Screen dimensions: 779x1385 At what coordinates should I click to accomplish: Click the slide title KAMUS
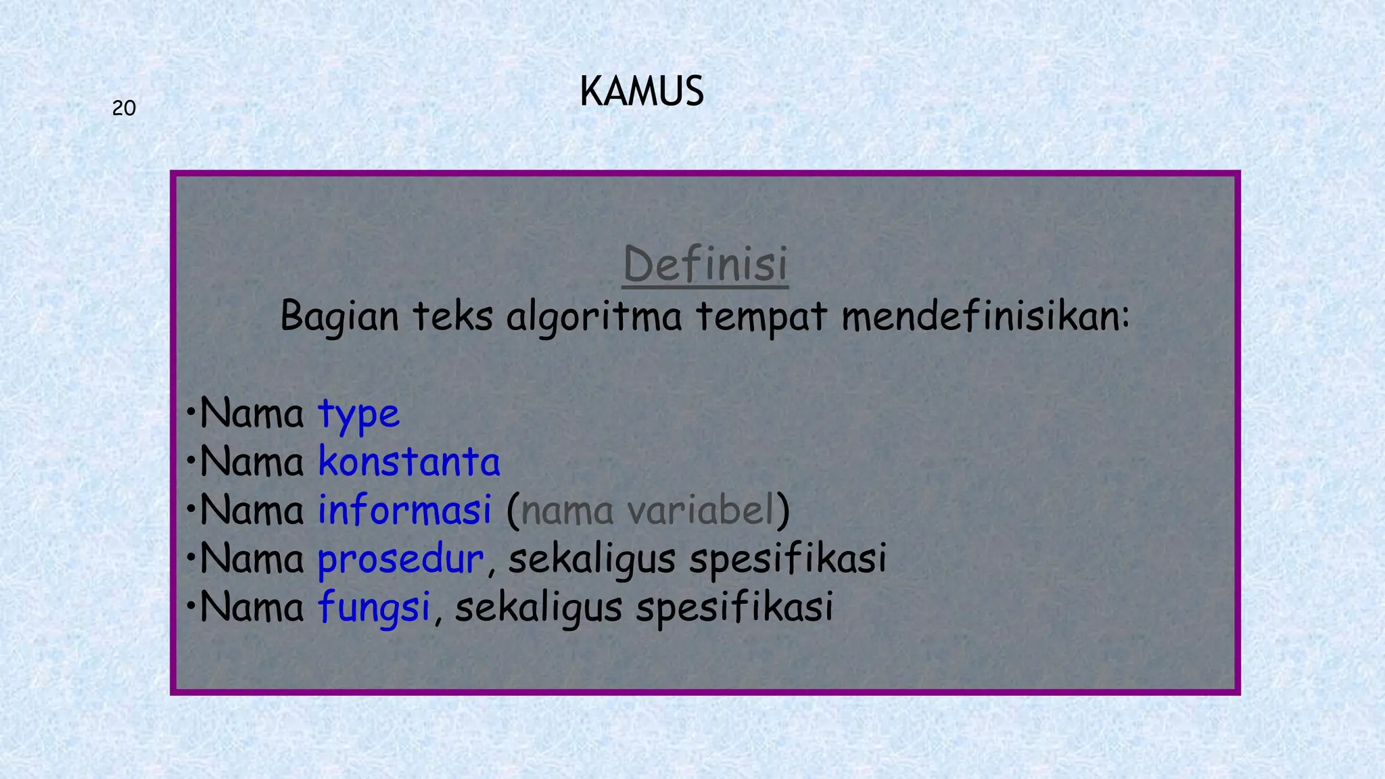(641, 92)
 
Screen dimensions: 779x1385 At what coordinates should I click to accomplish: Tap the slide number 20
(124, 108)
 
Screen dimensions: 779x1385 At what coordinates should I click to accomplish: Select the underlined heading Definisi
(705, 264)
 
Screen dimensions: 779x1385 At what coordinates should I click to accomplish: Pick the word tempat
(761, 316)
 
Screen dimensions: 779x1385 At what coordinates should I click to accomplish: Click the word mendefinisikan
(985, 316)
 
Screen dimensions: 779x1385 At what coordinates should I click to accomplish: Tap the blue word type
(359, 414)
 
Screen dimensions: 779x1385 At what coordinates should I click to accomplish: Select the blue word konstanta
(409, 462)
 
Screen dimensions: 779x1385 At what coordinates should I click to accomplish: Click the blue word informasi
(404, 510)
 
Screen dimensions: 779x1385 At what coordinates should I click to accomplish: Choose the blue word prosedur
(400, 559)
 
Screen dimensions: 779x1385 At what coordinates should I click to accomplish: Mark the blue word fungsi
(374, 607)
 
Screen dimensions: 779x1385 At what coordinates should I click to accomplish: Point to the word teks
(452, 316)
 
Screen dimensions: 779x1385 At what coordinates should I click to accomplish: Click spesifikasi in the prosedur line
(788, 559)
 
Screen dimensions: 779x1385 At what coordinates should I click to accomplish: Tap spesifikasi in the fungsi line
(734, 607)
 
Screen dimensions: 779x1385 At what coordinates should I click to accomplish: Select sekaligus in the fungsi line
(538, 607)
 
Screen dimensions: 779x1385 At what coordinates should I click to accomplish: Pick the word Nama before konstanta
(252, 462)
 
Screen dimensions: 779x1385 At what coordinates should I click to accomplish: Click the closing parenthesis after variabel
(783, 511)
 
